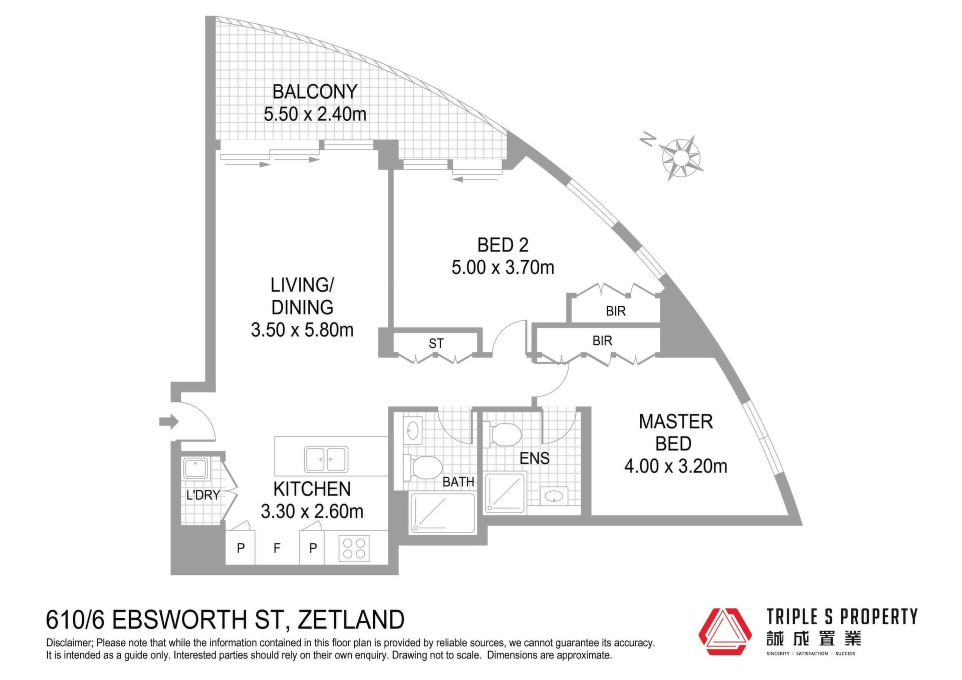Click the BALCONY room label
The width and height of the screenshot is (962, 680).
315,92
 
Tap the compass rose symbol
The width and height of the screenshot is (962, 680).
680,157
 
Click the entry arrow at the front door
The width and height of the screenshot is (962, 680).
169,421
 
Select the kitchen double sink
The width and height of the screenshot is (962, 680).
326,459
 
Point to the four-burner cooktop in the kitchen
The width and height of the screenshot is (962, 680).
354,548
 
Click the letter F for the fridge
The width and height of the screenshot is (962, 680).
277,548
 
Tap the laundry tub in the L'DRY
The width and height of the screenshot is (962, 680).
196,469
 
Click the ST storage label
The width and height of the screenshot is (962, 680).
436,343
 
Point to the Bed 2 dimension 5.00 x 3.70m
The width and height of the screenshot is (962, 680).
503,267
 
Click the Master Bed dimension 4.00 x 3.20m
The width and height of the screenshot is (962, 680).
675,466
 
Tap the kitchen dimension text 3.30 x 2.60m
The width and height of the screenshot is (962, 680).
312,511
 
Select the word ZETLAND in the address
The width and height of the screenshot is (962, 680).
351,620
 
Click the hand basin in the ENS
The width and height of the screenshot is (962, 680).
554,496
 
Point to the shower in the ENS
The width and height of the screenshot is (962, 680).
505,493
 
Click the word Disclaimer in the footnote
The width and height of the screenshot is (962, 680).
69,643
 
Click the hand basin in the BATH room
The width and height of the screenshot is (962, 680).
413,431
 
